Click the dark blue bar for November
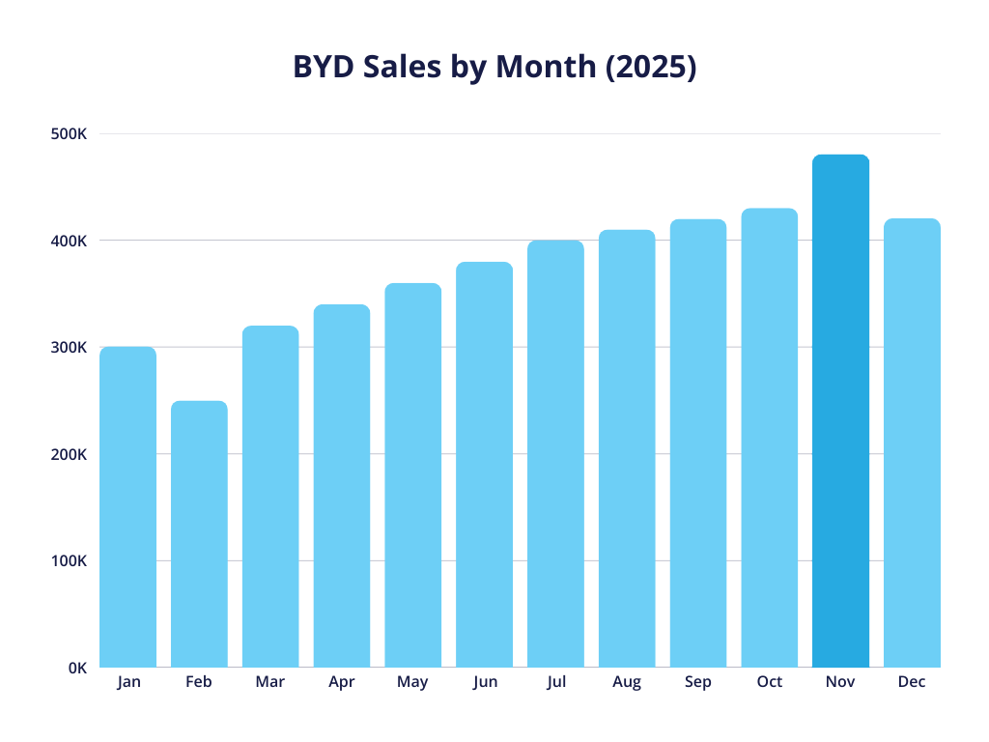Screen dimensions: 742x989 tap(840, 411)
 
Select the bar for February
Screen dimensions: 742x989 tap(199, 533)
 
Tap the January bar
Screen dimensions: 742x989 tap(127, 506)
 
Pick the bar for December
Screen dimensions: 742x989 tap(912, 442)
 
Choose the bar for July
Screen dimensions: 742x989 tap(555, 453)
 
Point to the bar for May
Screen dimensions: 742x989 tap(412, 474)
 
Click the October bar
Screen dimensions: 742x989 tap(770, 438)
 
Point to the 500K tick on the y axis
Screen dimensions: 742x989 tap(69, 134)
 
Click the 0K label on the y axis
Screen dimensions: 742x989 tap(76, 668)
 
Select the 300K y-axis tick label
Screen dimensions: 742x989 tap(69, 348)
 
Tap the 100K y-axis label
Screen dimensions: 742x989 tap(69, 561)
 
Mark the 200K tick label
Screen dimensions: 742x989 tap(69, 454)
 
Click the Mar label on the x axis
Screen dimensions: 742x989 tap(269, 682)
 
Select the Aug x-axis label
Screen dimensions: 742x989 tap(626, 682)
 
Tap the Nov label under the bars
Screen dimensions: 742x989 tap(840, 682)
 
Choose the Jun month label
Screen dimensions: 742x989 tap(485, 682)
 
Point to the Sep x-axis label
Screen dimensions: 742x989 tap(697, 682)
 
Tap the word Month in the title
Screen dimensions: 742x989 tap(549, 67)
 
